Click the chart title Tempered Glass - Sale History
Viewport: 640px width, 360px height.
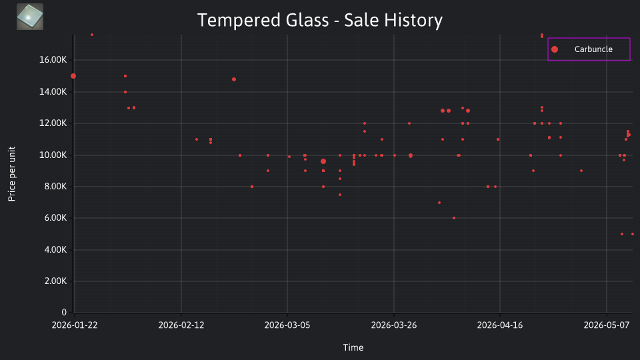319,20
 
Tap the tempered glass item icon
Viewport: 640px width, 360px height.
30,17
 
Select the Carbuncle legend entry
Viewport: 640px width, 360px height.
589,49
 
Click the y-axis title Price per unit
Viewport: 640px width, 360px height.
12,174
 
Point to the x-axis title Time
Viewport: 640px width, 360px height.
353,347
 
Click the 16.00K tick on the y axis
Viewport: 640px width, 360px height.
53,60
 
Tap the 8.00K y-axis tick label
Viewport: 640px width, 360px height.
55,187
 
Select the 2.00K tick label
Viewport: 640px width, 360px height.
55,281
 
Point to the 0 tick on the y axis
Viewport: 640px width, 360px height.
64,312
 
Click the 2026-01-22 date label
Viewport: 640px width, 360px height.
75,325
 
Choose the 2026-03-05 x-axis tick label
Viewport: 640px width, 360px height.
287,325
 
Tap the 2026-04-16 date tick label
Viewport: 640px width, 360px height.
500,325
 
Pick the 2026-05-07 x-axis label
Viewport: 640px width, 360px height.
607,325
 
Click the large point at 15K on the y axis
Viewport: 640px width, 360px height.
73,76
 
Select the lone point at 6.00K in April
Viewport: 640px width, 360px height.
454,218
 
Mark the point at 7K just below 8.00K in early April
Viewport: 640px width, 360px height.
439,203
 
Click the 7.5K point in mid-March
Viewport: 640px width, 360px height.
340,195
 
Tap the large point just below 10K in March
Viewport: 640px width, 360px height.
323,161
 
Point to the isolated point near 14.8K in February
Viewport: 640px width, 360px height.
234,79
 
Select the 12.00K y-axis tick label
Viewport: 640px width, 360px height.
53,123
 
